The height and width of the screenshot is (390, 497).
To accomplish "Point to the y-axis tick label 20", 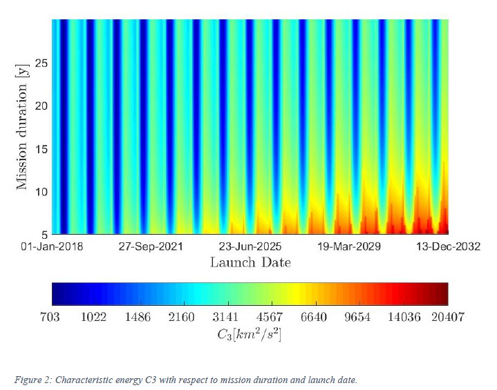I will click(41, 106).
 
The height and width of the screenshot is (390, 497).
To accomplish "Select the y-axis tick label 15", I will click(41, 148).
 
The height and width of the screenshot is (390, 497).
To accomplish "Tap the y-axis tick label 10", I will click(41, 191).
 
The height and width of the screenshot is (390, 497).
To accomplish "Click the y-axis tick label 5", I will click(44, 233).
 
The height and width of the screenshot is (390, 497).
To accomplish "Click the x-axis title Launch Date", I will click(250, 262).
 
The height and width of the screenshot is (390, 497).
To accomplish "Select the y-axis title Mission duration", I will click(23, 126).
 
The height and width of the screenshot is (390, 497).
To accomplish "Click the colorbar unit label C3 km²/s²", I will click(250, 333).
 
